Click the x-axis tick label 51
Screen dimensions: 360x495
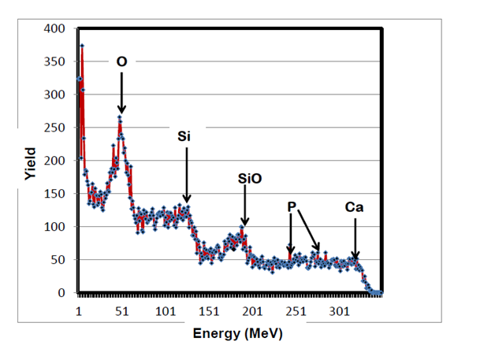pos(122,311)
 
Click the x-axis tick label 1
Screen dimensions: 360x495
pos(79,311)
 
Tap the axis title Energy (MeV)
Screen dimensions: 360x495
pos(237,334)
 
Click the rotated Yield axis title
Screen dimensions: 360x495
pos(30,163)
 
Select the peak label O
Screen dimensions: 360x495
pos(121,61)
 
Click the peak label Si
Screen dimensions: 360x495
pos(184,135)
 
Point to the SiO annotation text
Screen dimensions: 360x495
pos(249,179)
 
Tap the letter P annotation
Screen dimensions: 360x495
pos(292,206)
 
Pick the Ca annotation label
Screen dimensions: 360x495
pos(355,207)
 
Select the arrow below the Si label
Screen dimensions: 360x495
pos(186,173)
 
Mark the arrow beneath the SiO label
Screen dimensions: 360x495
pos(244,206)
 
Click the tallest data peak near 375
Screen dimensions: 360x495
pos(81,46)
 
